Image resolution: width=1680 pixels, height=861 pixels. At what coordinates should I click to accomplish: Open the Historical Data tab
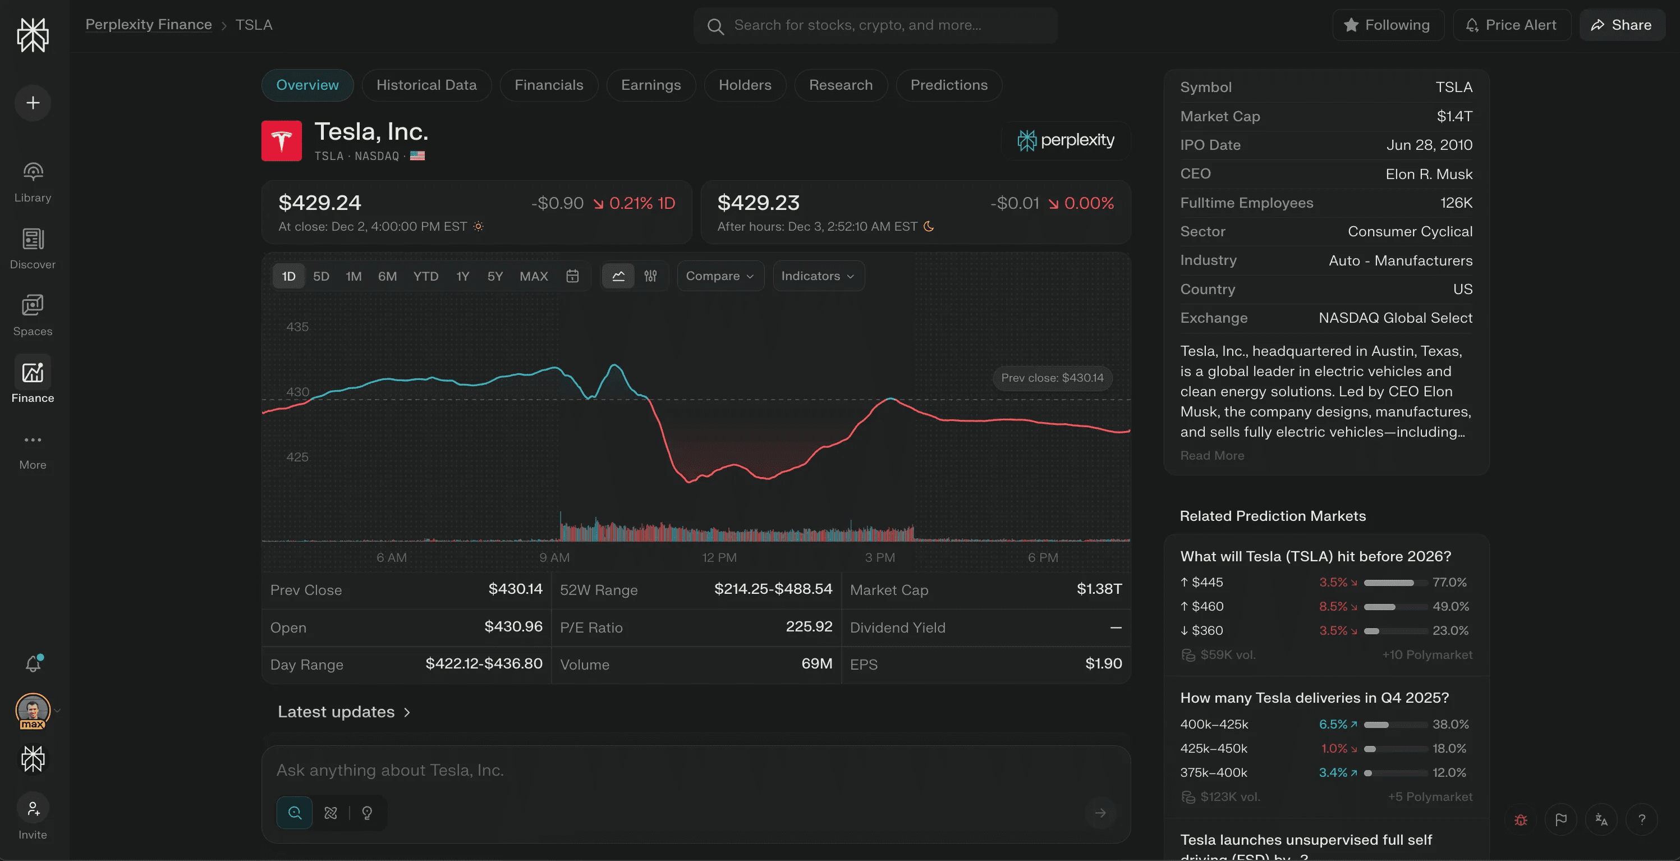(426, 85)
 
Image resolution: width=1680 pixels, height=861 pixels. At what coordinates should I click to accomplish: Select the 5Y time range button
(495, 277)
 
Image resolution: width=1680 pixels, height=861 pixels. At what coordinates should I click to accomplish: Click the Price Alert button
(1512, 25)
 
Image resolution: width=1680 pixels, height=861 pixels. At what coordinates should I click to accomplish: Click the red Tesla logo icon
(281, 141)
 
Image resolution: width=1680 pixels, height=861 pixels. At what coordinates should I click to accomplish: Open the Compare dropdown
(719, 277)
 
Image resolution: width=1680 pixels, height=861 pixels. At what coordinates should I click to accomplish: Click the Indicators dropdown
(818, 277)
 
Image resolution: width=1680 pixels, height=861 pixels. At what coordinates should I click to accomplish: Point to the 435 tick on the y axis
(297, 327)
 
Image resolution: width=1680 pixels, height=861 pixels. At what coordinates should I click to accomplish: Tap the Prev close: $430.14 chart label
(1052, 378)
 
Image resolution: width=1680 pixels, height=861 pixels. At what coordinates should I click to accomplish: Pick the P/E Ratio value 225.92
(809, 627)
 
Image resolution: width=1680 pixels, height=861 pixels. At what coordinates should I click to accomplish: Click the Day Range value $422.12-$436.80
(483, 664)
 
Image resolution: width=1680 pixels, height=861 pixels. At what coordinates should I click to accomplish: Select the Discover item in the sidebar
(33, 248)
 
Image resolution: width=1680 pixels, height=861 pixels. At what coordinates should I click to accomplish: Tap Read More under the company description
(1211, 456)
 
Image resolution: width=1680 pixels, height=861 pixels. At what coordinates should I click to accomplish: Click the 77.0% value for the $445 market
(1449, 583)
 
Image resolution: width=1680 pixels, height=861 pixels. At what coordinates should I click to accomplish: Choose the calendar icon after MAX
(572, 277)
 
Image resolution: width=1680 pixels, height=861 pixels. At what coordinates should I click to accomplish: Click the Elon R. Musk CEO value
(1428, 174)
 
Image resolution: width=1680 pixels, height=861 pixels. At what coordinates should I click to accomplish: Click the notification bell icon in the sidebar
(33, 663)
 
